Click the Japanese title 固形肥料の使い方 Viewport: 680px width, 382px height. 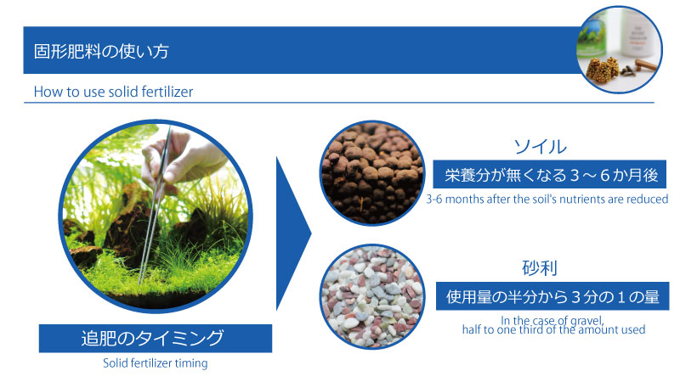point(101,51)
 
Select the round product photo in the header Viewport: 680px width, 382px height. point(619,49)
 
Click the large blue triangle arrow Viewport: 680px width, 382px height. point(293,234)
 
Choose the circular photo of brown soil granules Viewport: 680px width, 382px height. point(372,173)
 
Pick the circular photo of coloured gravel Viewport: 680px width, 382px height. point(372,296)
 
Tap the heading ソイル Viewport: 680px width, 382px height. point(540,147)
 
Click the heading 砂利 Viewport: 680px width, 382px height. point(540,268)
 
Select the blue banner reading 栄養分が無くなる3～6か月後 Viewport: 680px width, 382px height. point(549,175)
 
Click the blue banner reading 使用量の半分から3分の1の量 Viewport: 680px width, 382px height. point(552,296)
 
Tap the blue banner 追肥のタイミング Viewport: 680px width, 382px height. point(156,338)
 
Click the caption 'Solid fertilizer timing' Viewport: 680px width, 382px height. point(156,363)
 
